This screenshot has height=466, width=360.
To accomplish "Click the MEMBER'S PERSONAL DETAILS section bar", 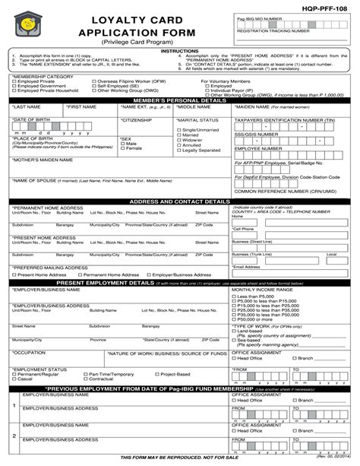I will coord(180,100).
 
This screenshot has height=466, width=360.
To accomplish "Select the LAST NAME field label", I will coord(29,108).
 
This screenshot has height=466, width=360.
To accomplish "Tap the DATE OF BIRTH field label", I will coord(32,120).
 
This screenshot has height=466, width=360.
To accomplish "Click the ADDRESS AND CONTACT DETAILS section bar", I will coord(180,202).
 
